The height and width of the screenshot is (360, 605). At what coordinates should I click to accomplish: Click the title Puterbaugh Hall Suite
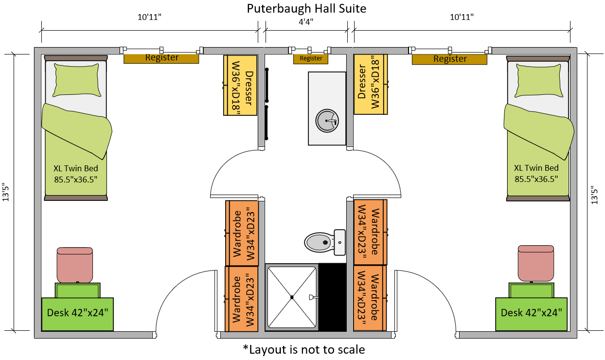306,8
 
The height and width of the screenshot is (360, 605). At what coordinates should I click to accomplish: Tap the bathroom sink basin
326,120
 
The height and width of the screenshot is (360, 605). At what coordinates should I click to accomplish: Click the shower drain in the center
292,297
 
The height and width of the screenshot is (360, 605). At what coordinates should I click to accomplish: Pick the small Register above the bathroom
311,58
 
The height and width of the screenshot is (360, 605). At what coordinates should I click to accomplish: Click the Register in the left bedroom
161,58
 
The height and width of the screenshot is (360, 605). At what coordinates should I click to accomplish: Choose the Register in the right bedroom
449,59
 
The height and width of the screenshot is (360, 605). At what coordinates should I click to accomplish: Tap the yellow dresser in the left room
240,85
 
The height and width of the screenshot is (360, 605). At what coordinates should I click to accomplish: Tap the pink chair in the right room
535,263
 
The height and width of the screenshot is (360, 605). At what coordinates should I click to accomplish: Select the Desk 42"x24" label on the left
77,312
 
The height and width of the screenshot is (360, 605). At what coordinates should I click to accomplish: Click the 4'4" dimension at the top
306,21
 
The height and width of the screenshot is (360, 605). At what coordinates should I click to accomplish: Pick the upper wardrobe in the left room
242,233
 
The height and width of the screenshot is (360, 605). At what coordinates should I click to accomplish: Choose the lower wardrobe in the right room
370,298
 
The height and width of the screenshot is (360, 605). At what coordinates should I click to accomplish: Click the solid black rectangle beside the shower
332,297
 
